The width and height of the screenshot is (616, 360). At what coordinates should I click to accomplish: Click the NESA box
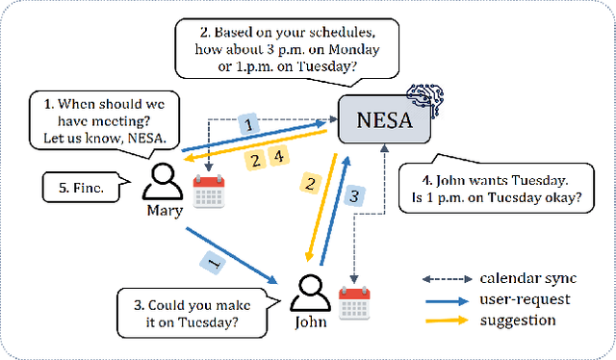(382, 121)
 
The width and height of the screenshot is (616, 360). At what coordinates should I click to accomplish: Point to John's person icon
(310, 293)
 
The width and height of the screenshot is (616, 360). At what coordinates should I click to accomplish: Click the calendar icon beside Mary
(209, 192)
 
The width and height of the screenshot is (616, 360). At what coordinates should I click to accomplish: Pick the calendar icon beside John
(355, 303)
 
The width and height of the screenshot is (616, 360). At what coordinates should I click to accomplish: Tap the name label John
(310, 322)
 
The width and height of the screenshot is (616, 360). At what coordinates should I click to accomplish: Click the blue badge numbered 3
(354, 195)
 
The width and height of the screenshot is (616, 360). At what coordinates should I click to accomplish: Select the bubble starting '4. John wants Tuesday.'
(495, 190)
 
